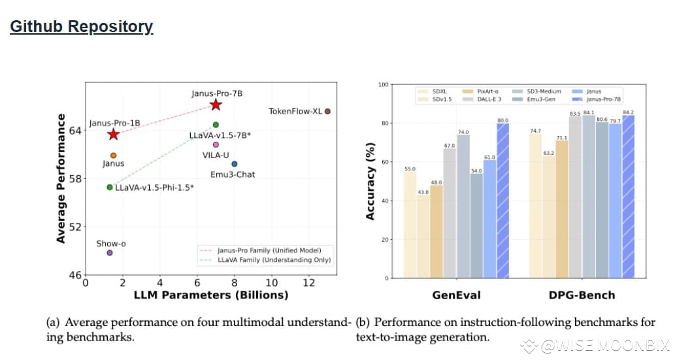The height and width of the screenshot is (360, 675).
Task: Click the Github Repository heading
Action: [82, 27]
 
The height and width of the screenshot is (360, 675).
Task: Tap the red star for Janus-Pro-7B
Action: [216, 105]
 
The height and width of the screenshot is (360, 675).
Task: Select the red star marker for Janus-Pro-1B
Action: [114, 134]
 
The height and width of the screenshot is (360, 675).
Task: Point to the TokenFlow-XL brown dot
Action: [327, 111]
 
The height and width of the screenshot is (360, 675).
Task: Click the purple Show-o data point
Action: [110, 253]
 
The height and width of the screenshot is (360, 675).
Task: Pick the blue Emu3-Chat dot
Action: [235, 164]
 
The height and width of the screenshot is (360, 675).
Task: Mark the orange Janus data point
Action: [114, 155]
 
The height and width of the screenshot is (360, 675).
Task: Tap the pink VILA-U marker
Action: [216, 144]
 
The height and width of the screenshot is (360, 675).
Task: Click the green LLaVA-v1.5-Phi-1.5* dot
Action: [110, 188]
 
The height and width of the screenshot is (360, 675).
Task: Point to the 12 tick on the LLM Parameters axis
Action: [309, 282]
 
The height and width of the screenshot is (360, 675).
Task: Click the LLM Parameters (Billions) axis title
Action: [211, 295]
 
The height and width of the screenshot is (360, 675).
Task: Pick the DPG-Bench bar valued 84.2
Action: [629, 197]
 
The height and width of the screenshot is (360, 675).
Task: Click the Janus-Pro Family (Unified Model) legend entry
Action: [265, 250]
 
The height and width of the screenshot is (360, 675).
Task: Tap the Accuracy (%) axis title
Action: [370, 181]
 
